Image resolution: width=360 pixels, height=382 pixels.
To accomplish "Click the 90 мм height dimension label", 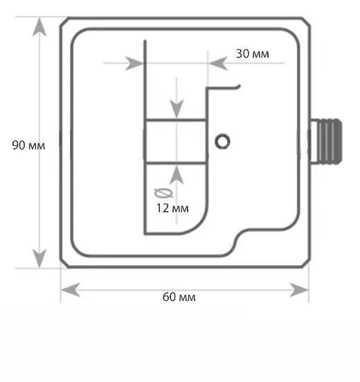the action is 28,145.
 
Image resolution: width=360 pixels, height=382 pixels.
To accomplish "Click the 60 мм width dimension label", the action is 179,297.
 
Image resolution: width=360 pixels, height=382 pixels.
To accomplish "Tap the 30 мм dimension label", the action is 253,54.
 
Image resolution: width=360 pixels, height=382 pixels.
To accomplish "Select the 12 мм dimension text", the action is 172,208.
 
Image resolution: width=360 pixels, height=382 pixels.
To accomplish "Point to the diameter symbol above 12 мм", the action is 164,193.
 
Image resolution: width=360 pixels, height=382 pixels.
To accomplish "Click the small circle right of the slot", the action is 222,142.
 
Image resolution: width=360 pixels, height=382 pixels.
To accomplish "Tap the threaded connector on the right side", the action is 326,141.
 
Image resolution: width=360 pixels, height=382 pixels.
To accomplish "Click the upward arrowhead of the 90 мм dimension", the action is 39,27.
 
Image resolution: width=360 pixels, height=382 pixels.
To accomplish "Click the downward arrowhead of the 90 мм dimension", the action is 39,258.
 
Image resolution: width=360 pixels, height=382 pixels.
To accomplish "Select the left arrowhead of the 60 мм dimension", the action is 70,290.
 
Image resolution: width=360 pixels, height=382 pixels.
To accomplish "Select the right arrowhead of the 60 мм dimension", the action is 299,290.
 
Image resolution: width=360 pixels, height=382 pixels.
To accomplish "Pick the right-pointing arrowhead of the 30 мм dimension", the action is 134,63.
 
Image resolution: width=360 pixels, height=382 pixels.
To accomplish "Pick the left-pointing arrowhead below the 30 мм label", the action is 218,63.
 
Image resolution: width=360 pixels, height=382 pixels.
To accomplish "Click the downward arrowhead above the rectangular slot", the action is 177,109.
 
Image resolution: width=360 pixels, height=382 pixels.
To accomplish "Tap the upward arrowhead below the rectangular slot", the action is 177,174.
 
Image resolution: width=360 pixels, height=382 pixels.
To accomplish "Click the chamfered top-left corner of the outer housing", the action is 64,21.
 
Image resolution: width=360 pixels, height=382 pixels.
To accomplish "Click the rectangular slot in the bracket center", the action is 176,141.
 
